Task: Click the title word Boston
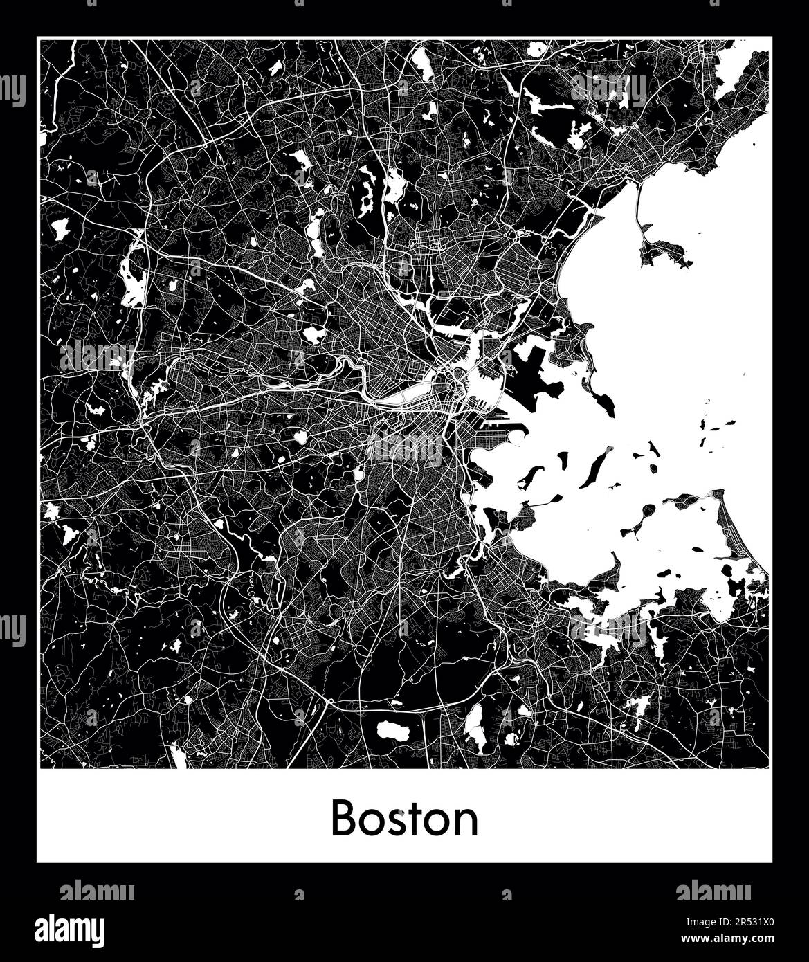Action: tap(404, 819)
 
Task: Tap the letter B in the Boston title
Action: tap(344, 819)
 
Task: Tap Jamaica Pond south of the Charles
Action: tap(358, 474)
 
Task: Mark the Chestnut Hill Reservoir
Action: tap(302, 437)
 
